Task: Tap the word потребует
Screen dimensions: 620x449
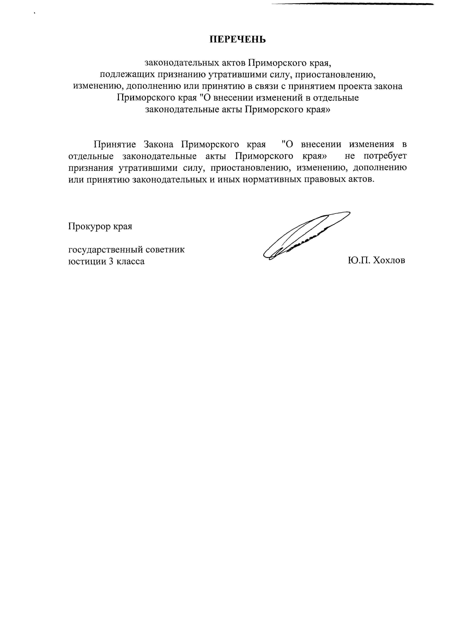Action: tap(385, 156)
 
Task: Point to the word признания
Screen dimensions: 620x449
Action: tap(90, 168)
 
